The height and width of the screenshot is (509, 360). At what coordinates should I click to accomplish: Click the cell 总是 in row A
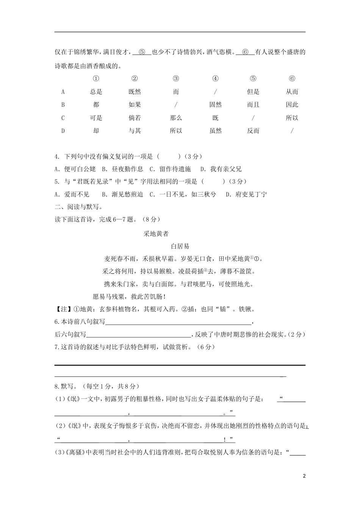coord(96,92)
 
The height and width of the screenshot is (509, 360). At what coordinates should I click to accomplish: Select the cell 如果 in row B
coord(135,105)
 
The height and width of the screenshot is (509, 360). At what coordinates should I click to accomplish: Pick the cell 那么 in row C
coord(176,118)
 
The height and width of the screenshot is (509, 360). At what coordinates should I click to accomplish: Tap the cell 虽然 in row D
coord(216,131)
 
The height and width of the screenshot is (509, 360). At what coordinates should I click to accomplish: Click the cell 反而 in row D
coord(253,131)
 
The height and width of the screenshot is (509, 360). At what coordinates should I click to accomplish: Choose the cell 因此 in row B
coord(292,105)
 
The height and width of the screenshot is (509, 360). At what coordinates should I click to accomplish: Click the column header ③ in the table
coord(176,79)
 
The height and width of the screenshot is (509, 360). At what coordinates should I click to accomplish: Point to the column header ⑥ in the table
coord(292,79)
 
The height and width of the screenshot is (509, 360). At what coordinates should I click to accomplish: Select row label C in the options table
coord(63,118)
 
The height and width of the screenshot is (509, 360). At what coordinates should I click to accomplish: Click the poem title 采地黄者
coord(156,234)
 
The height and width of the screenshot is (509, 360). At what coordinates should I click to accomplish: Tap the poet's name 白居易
coord(180,247)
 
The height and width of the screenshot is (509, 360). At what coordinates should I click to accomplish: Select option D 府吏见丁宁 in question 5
coord(246,194)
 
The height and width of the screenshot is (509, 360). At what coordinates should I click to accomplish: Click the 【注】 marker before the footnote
coord(61,309)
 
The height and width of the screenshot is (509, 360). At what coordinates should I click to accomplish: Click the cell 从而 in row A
coord(292,92)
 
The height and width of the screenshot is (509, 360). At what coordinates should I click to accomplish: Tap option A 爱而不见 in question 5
coord(72,194)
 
